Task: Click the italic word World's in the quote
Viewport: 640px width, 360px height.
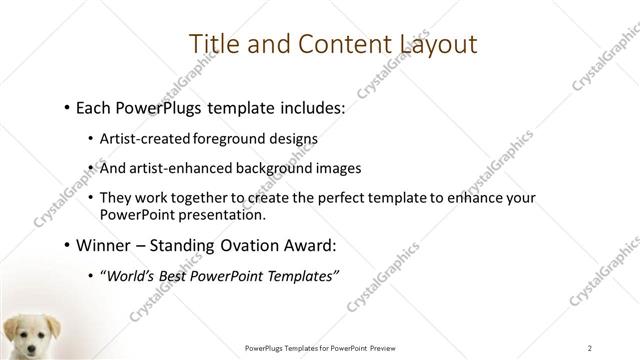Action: (132, 277)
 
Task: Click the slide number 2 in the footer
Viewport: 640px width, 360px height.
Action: (591, 347)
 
